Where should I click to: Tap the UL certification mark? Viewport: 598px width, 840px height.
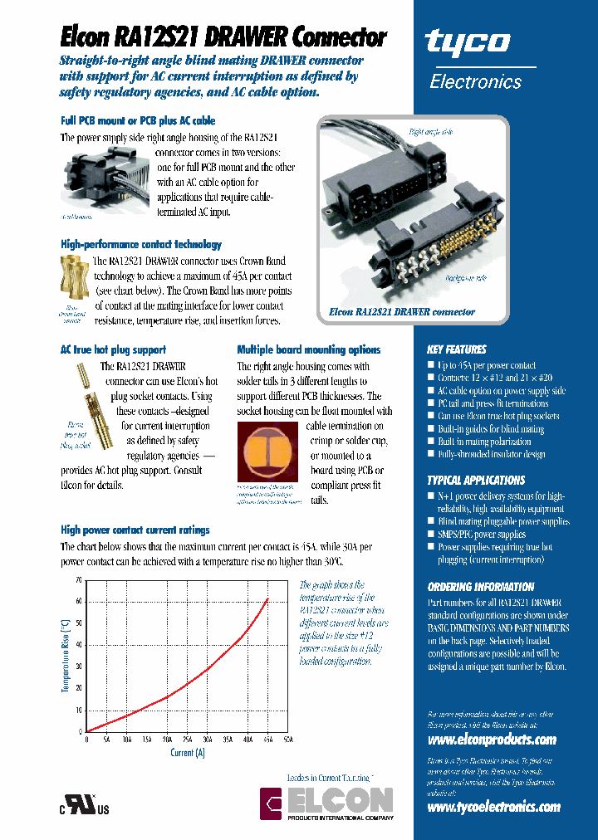tap(83, 807)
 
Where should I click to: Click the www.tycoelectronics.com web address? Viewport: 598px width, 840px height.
tap(493, 807)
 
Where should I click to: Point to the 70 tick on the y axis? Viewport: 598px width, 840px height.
tap(78, 580)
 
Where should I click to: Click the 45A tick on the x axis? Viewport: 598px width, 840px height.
tap(267, 738)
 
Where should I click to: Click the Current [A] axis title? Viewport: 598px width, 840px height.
tap(187, 752)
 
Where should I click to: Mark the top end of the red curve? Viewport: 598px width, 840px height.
tap(267, 598)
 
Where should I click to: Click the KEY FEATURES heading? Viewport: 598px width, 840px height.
tap(456, 349)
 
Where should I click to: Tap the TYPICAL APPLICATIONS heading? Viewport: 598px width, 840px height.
tap(476, 480)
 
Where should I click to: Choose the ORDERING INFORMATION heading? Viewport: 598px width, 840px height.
tap(480, 586)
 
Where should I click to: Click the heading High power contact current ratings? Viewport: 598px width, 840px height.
tap(135, 530)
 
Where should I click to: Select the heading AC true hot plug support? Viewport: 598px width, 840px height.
tap(113, 349)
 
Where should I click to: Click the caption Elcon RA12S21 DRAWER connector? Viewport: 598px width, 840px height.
tap(402, 311)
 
